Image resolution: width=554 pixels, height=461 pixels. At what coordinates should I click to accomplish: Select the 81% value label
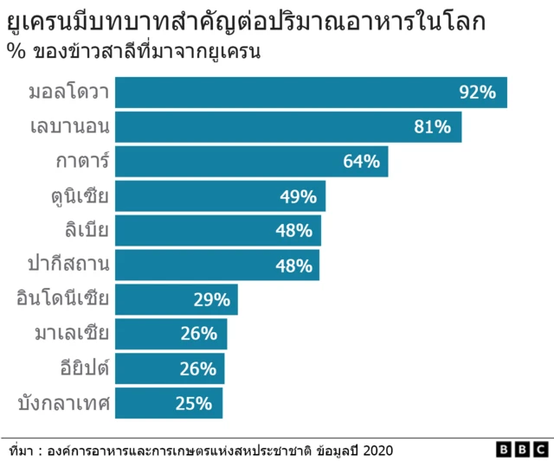[433, 127]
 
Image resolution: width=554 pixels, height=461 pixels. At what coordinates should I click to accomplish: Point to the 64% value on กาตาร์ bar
[361, 162]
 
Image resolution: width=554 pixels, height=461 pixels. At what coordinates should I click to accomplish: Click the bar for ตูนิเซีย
[199, 196]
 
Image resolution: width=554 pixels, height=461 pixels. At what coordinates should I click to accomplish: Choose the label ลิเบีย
[86, 231]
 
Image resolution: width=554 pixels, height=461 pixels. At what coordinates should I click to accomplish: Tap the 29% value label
[211, 300]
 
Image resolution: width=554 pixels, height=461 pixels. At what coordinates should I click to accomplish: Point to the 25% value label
[194, 403]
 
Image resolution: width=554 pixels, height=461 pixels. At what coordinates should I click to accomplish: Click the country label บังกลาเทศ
[63, 403]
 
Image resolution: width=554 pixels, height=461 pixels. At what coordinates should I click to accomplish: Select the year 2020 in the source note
[377, 450]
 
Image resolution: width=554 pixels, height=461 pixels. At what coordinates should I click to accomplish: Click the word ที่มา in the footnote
[20, 451]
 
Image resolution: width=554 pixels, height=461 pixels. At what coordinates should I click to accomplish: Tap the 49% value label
[298, 196]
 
